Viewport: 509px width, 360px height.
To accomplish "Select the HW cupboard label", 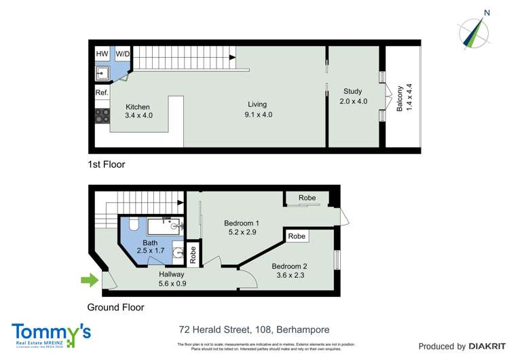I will [x=102, y=54].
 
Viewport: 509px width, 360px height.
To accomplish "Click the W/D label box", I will [x=122, y=54].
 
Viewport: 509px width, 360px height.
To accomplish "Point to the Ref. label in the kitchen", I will [x=102, y=92].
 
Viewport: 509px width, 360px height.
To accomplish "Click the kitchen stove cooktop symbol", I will [x=102, y=116].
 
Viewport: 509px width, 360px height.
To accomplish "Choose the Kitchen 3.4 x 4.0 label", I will [x=138, y=111].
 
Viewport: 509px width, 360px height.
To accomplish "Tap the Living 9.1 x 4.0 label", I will [x=257, y=109].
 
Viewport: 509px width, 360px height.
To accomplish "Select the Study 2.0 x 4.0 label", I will [x=353, y=96].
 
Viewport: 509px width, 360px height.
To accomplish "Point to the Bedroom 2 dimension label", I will [x=290, y=270].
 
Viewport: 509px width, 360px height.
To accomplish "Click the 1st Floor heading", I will [x=107, y=164].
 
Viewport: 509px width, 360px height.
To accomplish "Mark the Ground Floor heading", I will [x=116, y=307].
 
